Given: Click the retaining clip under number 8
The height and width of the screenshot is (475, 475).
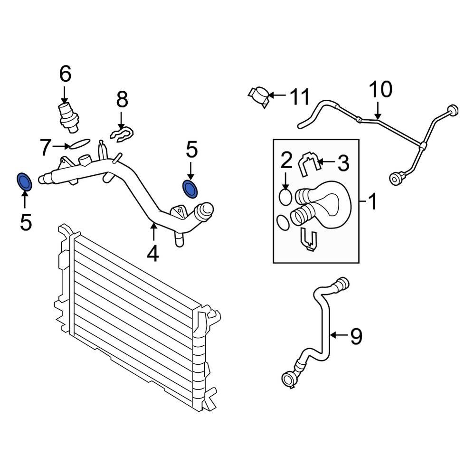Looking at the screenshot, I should coord(123,133).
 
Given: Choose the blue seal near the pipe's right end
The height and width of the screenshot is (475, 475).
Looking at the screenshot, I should coord(190,189).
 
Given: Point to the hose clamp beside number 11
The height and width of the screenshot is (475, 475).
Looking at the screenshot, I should coord(259,96).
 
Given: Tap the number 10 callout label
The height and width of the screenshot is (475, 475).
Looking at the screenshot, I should coord(381,89).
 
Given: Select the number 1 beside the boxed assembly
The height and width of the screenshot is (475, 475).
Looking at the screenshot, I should coord(372,201).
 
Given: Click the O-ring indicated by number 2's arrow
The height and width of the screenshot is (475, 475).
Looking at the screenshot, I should coord(285,196).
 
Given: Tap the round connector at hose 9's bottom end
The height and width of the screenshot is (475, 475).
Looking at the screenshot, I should coord(288,379).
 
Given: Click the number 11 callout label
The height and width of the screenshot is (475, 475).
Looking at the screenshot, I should coord(299,97).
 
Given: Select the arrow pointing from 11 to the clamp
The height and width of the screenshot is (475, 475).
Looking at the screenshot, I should coord(278,96).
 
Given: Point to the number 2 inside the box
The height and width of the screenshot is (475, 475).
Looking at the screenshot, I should coord(286,161).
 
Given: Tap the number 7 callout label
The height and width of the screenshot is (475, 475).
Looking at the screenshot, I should coord(45,148).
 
